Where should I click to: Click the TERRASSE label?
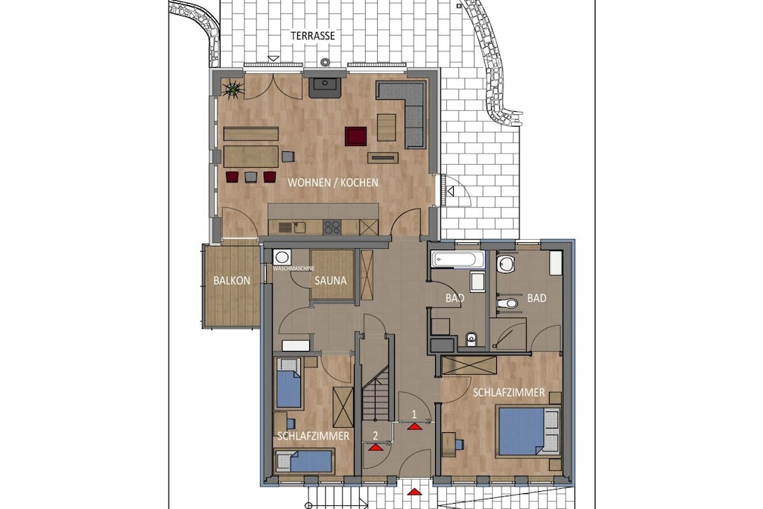pyautogui.click(x=313, y=36)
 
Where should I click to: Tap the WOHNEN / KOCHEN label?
pyautogui.click(x=333, y=183)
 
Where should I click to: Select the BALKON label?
pyautogui.click(x=232, y=281)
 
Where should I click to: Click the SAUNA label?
pyautogui.click(x=330, y=281)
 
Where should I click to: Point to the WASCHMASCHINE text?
pyautogui.click(x=294, y=268)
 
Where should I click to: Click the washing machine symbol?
pyautogui.click(x=282, y=257)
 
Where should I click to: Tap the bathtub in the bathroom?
pyautogui.click(x=458, y=259)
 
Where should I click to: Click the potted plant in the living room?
pyautogui.click(x=233, y=89)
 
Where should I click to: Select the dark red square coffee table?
pyautogui.click(x=355, y=136)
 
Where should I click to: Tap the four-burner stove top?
pyautogui.click(x=332, y=227)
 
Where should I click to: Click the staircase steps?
pyautogui.click(x=376, y=393)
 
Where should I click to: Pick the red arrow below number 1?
pyautogui.click(x=414, y=427)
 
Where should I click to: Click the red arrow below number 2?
pyautogui.click(x=375, y=448)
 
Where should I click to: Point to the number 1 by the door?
pyautogui.click(x=414, y=414)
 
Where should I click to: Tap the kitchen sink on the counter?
pyautogui.click(x=294, y=227)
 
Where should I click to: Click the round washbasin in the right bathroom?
pyautogui.click(x=506, y=265)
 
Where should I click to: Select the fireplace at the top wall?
pyautogui.click(x=325, y=86)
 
